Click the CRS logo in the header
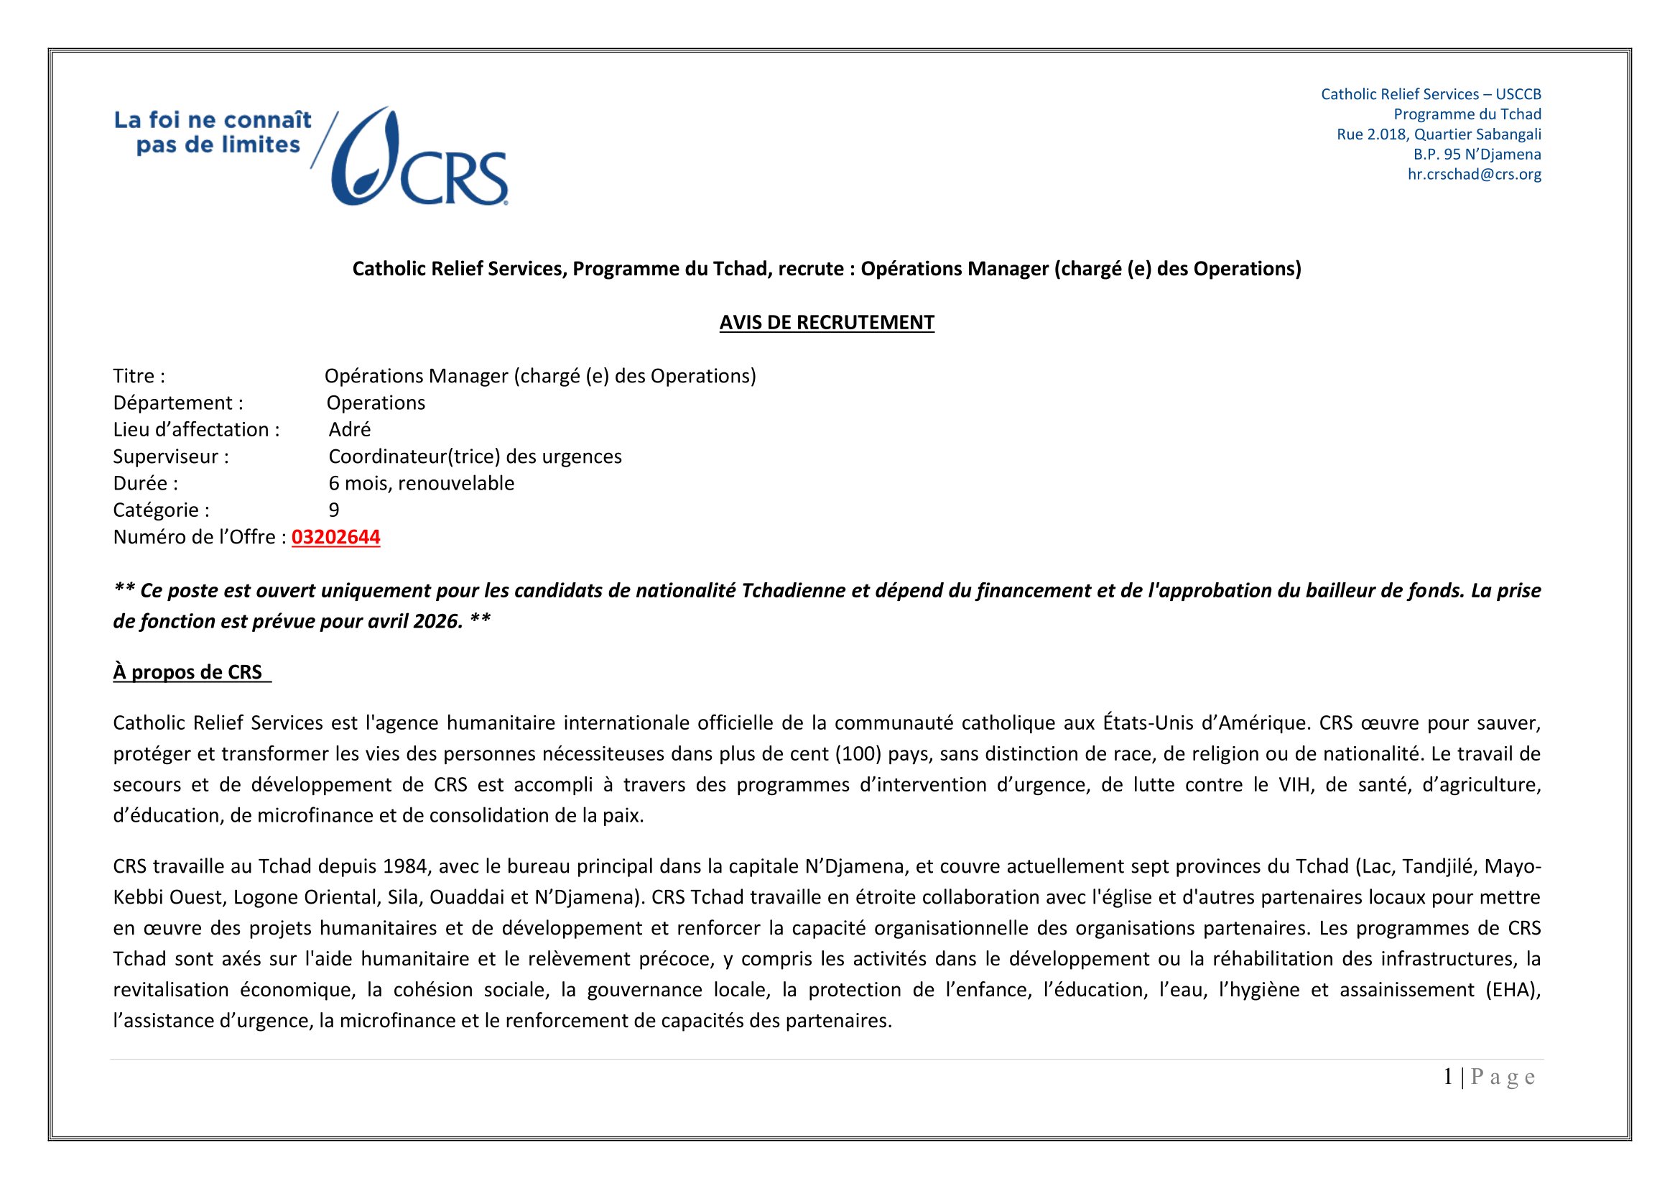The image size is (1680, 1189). [x=421, y=157]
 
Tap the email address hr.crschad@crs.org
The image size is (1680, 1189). [x=1474, y=174]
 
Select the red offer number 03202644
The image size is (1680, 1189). [x=336, y=538]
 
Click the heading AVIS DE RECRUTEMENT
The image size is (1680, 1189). [x=826, y=323]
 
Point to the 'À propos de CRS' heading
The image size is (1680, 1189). [x=188, y=672]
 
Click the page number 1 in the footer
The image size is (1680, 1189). [x=1448, y=1077]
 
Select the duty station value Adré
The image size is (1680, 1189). [x=350, y=430]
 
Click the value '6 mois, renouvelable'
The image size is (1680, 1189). [x=422, y=483]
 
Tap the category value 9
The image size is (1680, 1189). [x=334, y=510]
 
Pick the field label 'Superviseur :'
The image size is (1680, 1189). [x=170, y=457]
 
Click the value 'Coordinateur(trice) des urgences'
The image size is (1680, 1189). [x=475, y=457]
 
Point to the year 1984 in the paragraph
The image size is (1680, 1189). [x=404, y=866]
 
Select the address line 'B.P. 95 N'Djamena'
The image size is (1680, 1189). [x=1477, y=155]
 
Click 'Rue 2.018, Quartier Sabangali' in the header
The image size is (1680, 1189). [x=1439, y=134]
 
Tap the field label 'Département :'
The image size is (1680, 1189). [x=178, y=403]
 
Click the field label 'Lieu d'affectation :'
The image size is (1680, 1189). [x=196, y=430]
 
